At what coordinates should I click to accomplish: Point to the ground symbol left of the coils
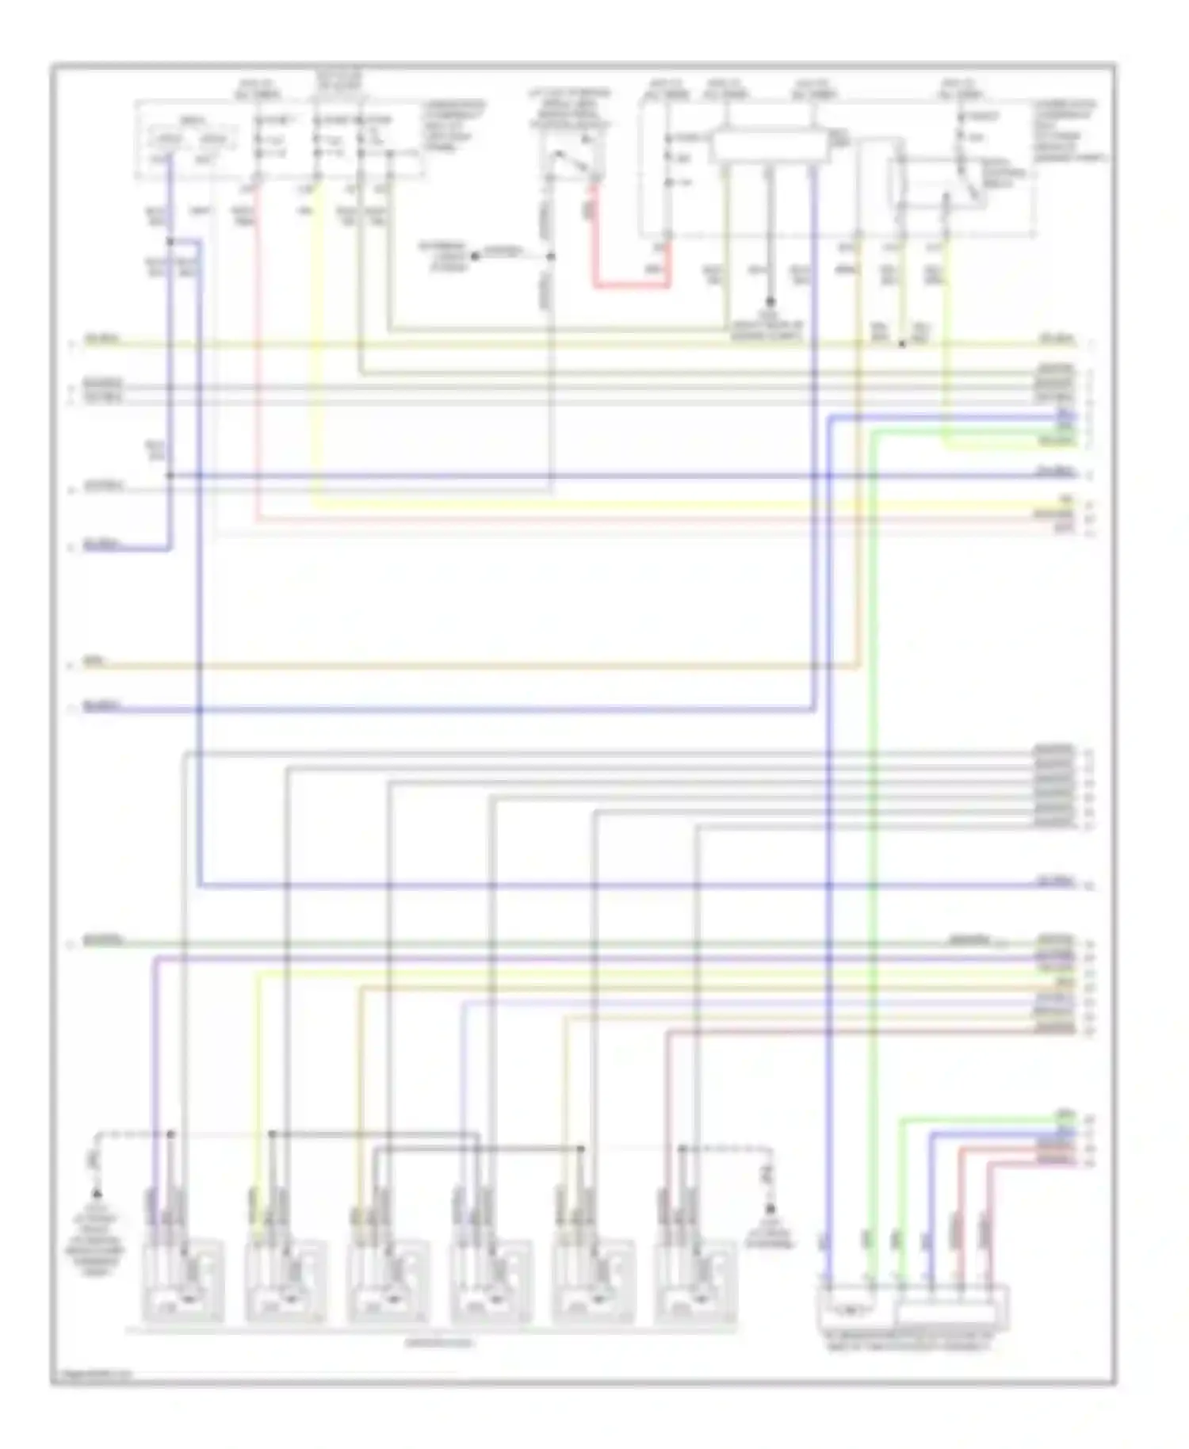pyautogui.click(x=97, y=1194)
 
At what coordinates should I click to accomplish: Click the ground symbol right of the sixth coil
pyautogui.click(x=769, y=1209)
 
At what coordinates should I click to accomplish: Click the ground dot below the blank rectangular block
pyautogui.click(x=769, y=302)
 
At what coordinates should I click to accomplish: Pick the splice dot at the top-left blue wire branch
pyautogui.click(x=170, y=241)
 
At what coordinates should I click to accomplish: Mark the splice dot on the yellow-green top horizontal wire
pyautogui.click(x=902, y=345)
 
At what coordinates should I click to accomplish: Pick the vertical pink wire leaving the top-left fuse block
pyautogui.click(x=256, y=357)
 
